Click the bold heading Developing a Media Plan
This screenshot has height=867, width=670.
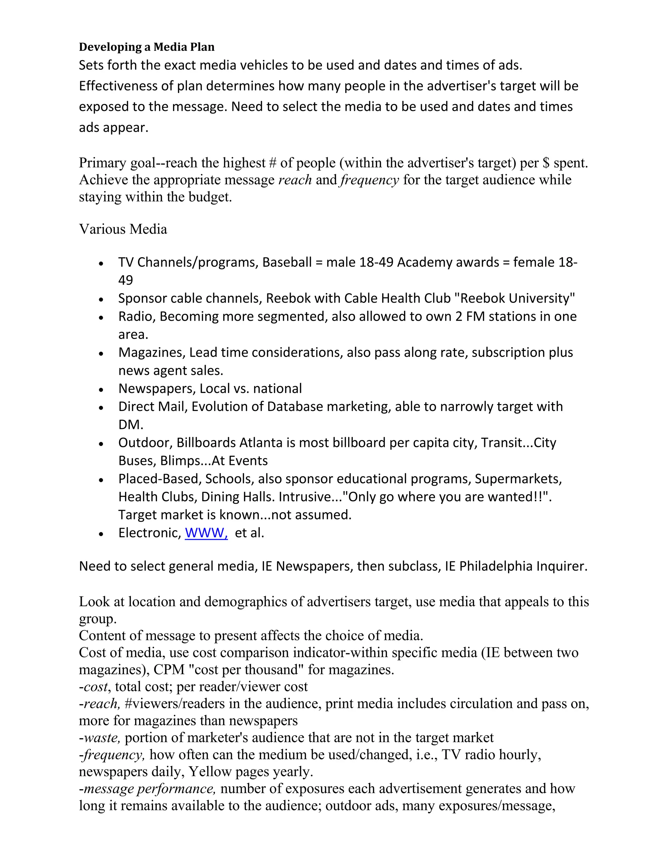point(147,47)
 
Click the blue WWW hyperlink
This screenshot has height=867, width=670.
point(206,533)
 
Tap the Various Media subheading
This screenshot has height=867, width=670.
point(123,229)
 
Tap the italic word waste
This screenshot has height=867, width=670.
point(101,737)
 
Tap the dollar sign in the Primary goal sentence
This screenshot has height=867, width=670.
point(546,163)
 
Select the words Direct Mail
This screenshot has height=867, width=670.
point(152,406)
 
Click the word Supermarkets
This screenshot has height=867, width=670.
point(518,479)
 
